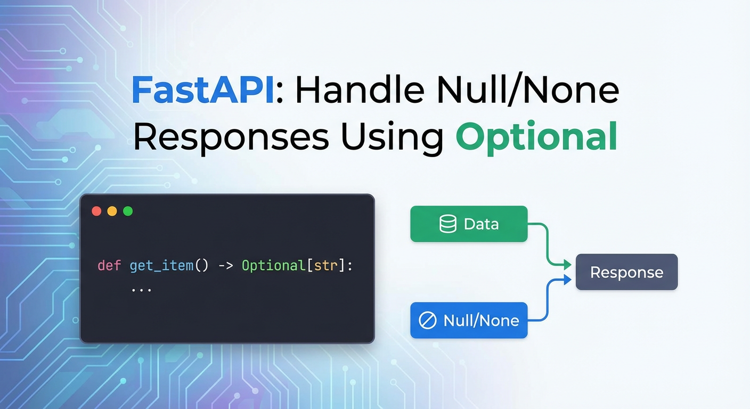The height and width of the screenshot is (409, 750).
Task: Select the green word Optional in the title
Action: tap(536, 137)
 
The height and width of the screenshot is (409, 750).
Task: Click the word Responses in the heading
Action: tap(231, 137)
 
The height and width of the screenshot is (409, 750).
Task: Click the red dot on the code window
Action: tap(96, 211)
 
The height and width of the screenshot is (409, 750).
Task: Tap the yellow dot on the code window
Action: tap(112, 211)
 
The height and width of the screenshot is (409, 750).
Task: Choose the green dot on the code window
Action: tap(128, 211)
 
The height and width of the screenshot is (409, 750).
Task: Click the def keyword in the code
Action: tap(109, 265)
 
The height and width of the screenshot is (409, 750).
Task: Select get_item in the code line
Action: tap(161, 265)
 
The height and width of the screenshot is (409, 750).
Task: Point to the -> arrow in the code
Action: tap(225, 265)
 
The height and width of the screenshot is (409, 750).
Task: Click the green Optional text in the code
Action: tap(273, 265)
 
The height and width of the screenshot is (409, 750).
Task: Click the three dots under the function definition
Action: tap(141, 289)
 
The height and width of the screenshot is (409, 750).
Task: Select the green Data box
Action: tap(469, 224)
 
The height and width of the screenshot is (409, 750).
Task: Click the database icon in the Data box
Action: tap(447, 224)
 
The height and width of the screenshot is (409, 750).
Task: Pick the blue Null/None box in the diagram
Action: tap(469, 320)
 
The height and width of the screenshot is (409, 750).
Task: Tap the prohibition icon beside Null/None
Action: tap(427, 321)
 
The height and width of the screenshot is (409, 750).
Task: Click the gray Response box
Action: tap(626, 272)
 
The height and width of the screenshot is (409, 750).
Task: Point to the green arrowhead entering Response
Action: tap(568, 264)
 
